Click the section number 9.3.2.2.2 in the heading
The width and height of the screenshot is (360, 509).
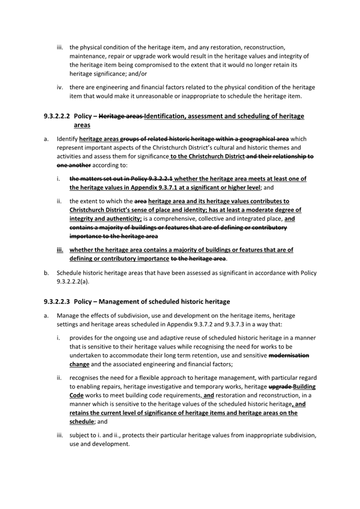coord(57,116)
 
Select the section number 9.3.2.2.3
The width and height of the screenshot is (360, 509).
coord(57,302)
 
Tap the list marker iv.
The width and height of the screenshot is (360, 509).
coord(60,87)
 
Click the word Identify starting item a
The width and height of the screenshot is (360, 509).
coord(67,139)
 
